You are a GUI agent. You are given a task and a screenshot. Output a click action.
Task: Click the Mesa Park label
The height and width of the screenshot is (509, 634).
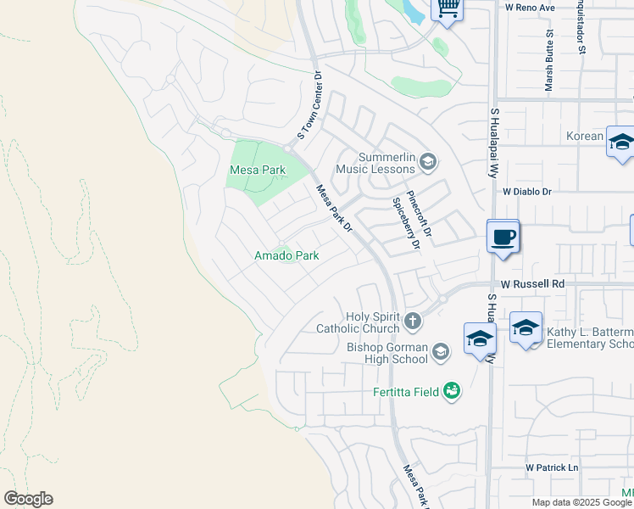coord(258,170)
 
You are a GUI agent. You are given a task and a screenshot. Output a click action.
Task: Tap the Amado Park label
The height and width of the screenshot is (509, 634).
coord(286,255)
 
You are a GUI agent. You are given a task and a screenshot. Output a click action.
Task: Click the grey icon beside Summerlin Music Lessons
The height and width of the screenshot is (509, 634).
coord(429,160)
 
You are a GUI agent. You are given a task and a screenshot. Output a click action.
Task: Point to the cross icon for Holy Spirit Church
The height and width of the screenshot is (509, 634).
coord(413,321)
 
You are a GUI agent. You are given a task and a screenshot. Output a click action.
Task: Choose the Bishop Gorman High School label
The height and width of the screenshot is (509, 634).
coord(387,353)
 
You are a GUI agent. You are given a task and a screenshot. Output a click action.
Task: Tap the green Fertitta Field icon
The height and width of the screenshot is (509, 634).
coord(452,390)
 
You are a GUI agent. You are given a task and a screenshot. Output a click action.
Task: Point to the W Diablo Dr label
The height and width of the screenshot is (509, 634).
coord(526,193)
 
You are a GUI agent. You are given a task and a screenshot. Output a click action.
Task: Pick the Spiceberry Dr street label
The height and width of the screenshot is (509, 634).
coord(405,223)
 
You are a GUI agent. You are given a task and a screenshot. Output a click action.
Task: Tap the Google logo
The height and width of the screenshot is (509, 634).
coord(28,499)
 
